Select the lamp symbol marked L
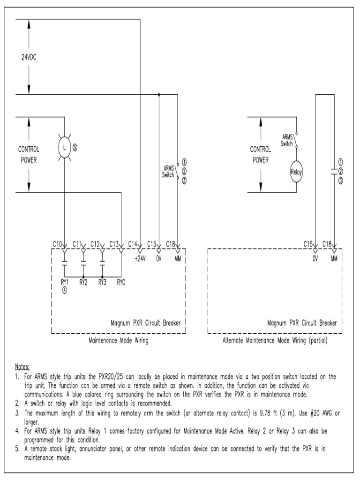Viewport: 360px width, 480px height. point(64,148)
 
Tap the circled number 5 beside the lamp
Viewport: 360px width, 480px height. point(75,147)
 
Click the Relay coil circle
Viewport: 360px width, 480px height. point(296,172)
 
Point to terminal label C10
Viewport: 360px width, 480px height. point(57,243)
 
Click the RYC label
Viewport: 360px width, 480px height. point(121,282)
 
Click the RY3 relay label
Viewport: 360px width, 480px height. point(102,282)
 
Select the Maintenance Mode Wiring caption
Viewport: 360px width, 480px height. point(118,341)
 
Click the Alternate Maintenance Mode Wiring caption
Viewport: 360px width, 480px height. point(275,341)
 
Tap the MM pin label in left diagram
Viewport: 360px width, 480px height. point(178,258)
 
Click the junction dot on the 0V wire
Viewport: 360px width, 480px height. point(159,94)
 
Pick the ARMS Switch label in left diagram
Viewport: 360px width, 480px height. point(169,171)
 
